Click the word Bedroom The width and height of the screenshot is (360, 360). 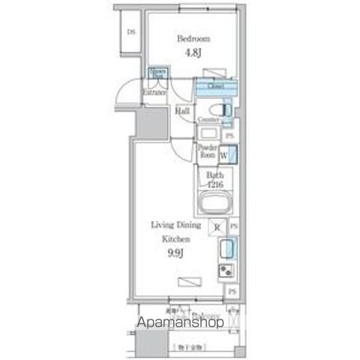pyautogui.click(x=193, y=37)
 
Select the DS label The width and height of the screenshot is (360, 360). pyautogui.click(x=130, y=32)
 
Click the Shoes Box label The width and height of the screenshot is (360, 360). pyautogui.click(x=158, y=73)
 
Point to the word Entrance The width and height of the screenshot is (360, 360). pyautogui.click(x=154, y=92)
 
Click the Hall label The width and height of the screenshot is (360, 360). pyautogui.click(x=181, y=111)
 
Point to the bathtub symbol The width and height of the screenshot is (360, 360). pyautogui.click(x=217, y=203)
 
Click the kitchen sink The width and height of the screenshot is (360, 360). pyautogui.click(x=226, y=248)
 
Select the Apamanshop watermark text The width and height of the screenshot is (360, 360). pyautogui.click(x=179, y=323)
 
